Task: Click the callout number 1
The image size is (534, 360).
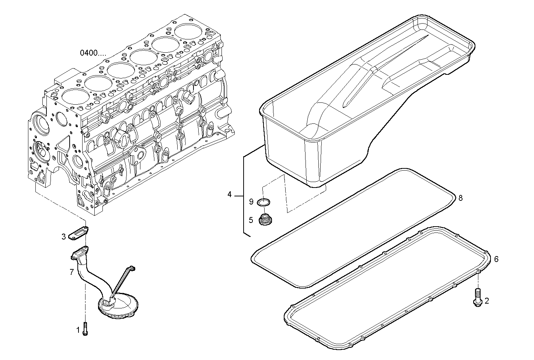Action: tap(78, 331)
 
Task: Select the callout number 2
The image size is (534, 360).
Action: tap(486, 301)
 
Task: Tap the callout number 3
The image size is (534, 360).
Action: tap(64, 237)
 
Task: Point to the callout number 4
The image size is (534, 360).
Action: tap(229, 195)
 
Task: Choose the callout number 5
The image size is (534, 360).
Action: tap(251, 220)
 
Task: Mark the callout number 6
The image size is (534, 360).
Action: tap(496, 259)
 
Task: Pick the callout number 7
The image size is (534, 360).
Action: tap(72, 272)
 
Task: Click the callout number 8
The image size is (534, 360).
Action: tap(460, 198)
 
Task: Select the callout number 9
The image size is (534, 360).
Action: tap(251, 202)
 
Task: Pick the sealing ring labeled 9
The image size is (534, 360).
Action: tap(263, 202)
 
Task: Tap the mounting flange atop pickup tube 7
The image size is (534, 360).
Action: tap(80, 253)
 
